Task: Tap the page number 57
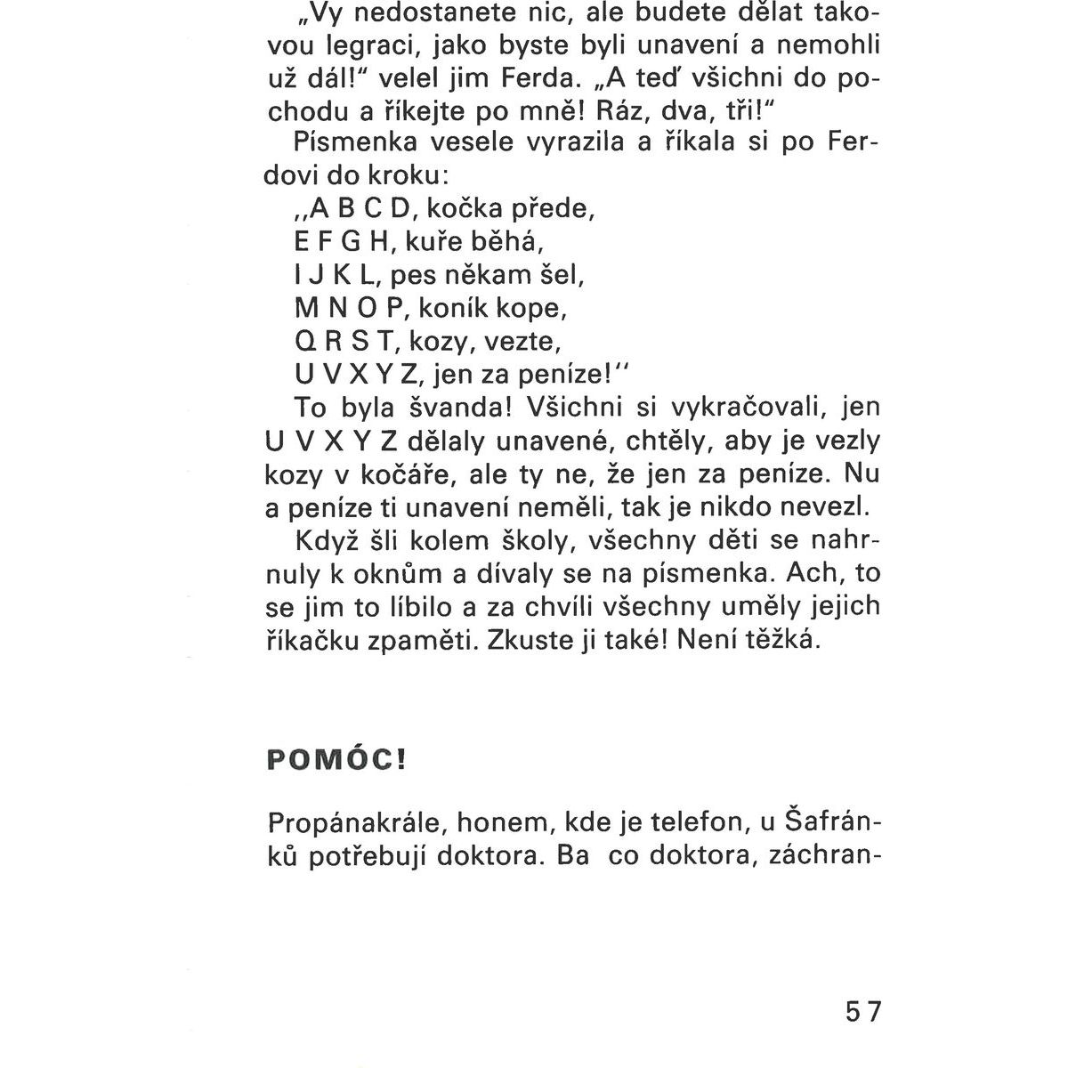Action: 860,1013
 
